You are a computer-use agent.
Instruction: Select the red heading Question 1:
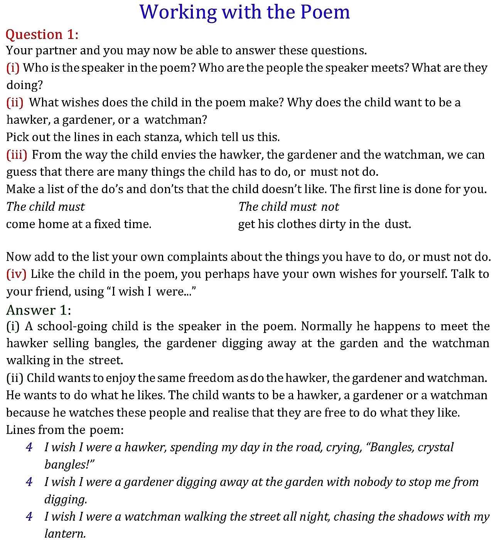42,35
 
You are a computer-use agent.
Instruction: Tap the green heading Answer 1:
39,310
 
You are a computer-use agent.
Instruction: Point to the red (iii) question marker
17,155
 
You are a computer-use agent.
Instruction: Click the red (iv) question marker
16,274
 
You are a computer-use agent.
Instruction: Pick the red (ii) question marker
15,103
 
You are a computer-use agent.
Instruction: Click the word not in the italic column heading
330,207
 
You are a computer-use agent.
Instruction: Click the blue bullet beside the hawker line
29,447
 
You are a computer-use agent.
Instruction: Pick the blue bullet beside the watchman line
29,517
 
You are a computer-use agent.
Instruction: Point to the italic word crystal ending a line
435,447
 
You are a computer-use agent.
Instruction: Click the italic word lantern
65,534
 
